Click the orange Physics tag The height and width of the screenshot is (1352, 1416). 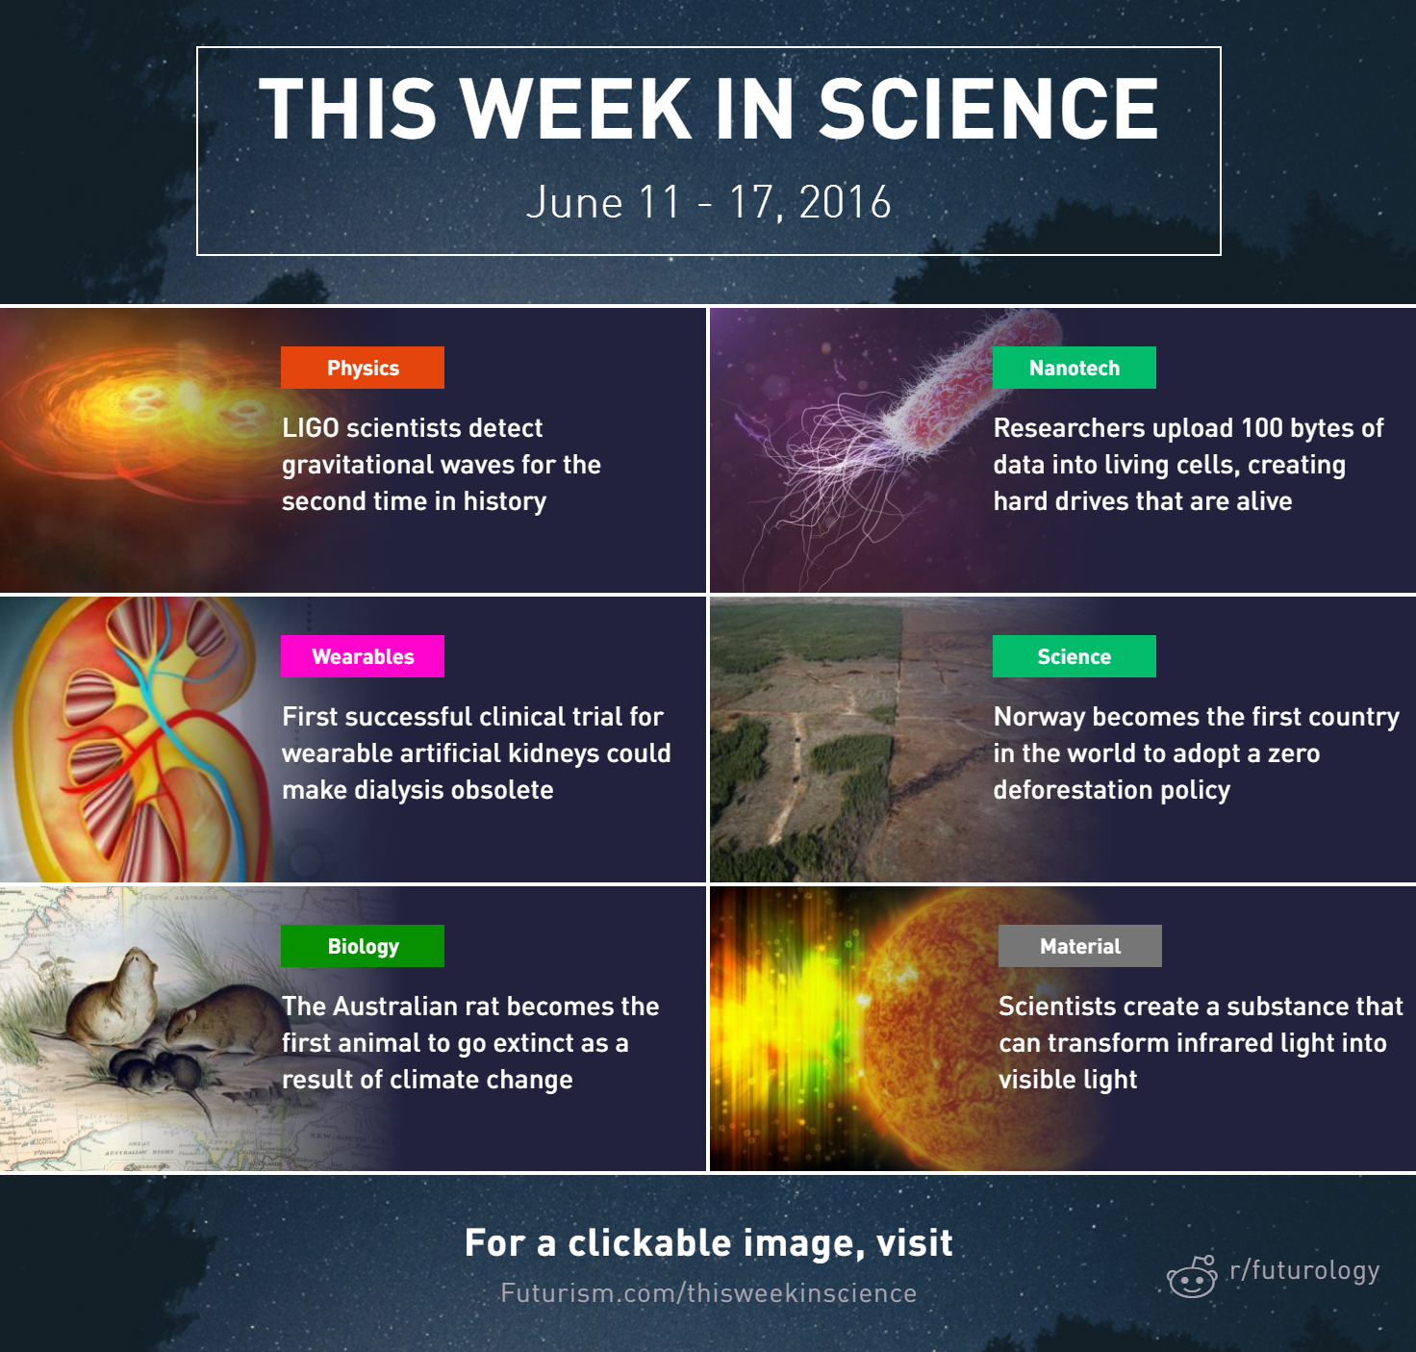(363, 368)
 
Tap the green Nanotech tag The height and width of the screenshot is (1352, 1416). (1074, 368)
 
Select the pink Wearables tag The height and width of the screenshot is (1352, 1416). (363, 656)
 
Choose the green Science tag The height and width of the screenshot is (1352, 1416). (1074, 656)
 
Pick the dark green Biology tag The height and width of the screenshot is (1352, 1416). (363, 946)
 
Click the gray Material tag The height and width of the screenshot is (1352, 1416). (1079, 946)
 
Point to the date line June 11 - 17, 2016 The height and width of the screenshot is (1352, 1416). (709, 202)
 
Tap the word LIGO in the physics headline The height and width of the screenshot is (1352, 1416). (311, 428)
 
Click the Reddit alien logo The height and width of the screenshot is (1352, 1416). (1192, 1276)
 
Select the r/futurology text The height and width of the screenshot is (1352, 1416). (1304, 1270)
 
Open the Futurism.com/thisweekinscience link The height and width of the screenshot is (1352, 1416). (709, 1293)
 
